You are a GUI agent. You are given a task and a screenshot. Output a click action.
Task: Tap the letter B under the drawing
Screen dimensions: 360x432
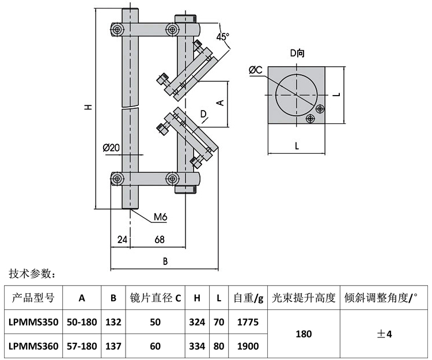point(165,261)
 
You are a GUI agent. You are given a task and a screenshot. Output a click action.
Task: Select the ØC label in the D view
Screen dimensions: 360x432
point(256,70)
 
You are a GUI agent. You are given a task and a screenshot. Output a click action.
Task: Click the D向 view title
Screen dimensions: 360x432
point(297,53)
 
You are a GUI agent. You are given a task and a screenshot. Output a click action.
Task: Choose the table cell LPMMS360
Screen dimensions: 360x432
point(33,346)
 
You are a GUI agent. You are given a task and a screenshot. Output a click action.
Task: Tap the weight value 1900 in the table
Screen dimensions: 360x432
point(248,346)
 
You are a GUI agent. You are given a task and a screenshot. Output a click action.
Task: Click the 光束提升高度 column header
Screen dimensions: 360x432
point(304,298)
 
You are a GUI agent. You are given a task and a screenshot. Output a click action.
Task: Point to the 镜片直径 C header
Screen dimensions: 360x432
point(155,298)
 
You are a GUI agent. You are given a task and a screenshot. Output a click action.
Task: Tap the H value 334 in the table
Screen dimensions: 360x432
point(197,346)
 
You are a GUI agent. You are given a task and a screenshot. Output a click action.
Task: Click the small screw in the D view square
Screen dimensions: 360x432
point(311,118)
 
